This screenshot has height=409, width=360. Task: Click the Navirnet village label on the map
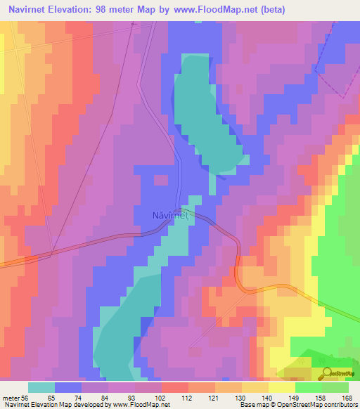(170, 216)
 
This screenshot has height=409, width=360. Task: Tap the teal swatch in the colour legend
(41, 387)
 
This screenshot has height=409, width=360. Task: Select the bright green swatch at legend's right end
(335, 387)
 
